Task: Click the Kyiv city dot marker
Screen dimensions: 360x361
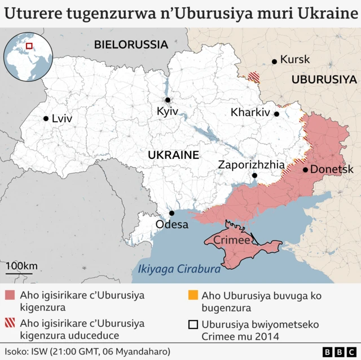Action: pyautogui.click(x=168, y=100)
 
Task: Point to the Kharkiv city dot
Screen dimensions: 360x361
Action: pyautogui.click(x=276, y=114)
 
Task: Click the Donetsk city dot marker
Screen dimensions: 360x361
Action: pyautogui.click(x=305, y=170)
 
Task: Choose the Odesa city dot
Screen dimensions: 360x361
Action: pyautogui.click(x=172, y=213)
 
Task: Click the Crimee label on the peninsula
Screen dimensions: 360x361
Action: pyautogui.click(x=232, y=241)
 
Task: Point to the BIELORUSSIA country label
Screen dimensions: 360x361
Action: pyautogui.click(x=131, y=44)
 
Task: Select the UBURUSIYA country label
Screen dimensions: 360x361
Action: pyautogui.click(x=324, y=79)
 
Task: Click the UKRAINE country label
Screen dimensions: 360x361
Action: pyautogui.click(x=173, y=154)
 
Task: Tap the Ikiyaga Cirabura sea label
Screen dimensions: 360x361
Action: pyautogui.click(x=179, y=269)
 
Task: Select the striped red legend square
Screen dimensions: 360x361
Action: pyautogui.click(x=10, y=324)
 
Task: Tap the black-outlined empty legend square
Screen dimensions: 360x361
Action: pyautogui.click(x=193, y=325)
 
